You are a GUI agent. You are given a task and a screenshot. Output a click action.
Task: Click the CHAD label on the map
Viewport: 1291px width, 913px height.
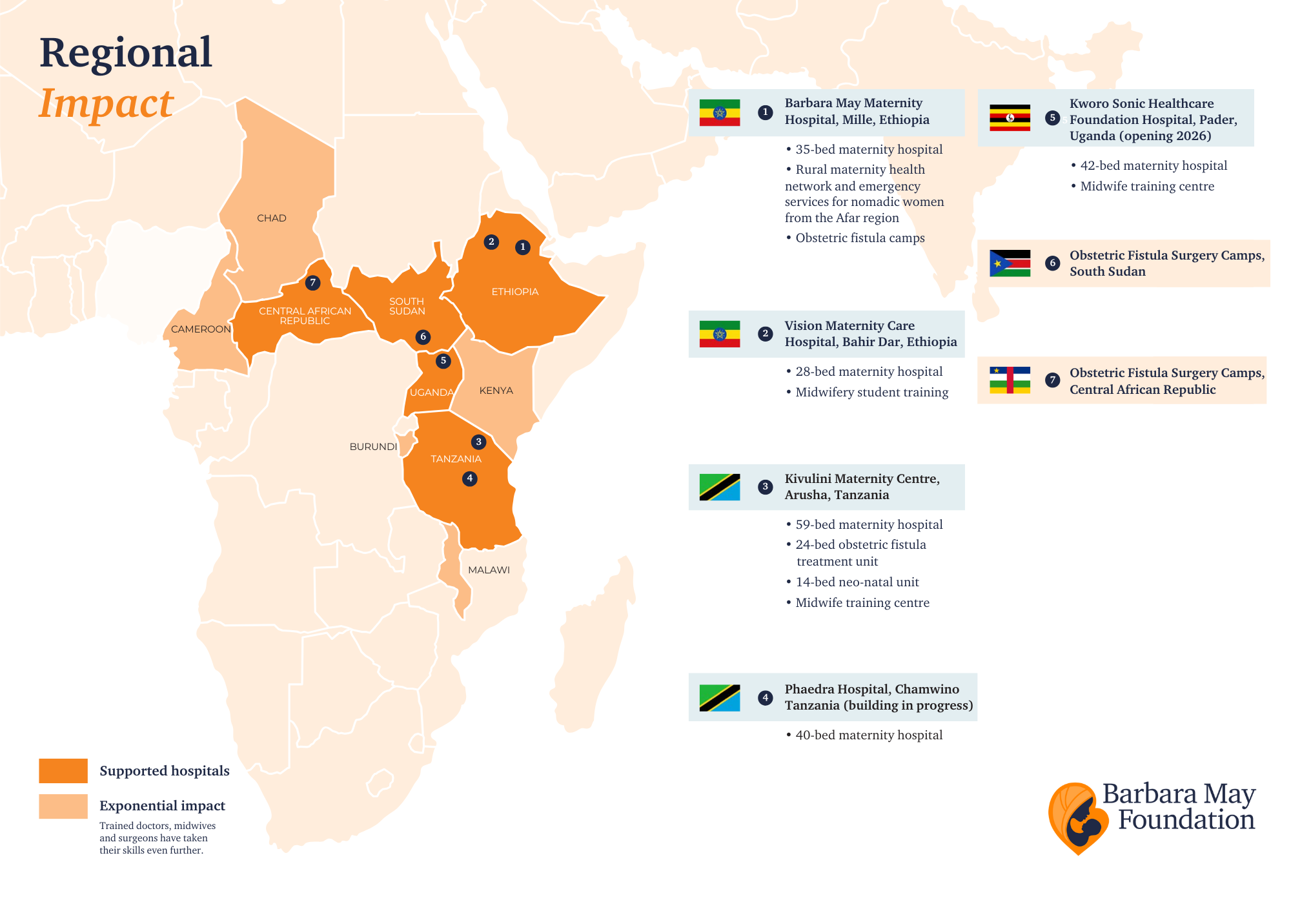tap(271, 218)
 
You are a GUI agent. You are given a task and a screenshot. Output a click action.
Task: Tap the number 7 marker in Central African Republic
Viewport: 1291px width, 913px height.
tap(312, 283)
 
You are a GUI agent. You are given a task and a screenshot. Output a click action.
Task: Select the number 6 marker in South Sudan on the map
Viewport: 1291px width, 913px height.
tap(423, 336)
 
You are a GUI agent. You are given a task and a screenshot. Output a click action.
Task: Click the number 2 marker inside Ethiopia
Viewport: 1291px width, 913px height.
tap(491, 242)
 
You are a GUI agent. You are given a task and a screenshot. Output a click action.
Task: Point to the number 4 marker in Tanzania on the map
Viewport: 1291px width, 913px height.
tap(470, 478)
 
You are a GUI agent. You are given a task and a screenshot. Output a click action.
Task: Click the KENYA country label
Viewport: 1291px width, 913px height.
tap(496, 391)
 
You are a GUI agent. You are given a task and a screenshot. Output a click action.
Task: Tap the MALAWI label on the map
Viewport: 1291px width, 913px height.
tap(489, 570)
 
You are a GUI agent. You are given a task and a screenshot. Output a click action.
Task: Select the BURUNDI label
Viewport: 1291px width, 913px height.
tap(373, 447)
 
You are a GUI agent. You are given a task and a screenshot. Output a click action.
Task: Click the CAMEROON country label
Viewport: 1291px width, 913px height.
tap(201, 329)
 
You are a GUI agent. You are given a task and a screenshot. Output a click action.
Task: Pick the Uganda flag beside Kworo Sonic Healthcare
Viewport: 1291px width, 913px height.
tap(1010, 118)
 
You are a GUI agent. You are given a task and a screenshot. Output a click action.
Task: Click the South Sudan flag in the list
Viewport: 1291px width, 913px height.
tap(1010, 263)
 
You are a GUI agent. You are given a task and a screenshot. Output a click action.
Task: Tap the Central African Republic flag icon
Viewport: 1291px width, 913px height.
tap(1010, 380)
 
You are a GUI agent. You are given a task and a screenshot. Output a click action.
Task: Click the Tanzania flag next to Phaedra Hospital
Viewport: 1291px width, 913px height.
tap(720, 698)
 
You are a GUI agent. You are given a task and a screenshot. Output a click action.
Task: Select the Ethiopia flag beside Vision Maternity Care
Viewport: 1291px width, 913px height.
tap(720, 334)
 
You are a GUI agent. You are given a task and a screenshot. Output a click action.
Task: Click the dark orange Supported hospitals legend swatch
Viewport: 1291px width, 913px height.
tap(63, 771)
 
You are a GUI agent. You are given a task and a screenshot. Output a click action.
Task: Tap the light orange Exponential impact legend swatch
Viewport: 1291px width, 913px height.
tap(63, 806)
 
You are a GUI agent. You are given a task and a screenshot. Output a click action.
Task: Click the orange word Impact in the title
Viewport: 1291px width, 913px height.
tap(107, 103)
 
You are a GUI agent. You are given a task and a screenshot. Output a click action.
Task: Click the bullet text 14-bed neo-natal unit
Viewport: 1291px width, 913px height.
tap(857, 582)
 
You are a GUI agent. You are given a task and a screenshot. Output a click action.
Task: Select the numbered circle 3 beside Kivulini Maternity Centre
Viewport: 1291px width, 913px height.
tap(765, 487)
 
